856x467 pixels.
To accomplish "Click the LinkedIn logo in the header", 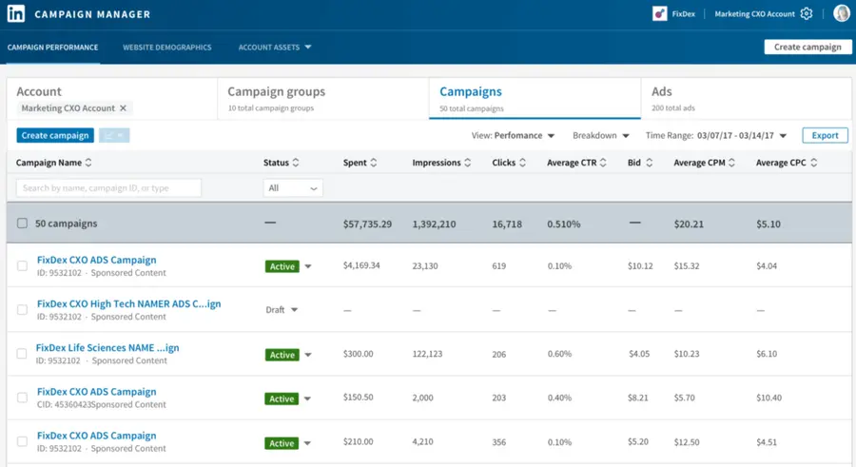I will coord(16,14).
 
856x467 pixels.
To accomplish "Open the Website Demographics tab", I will coord(166,47).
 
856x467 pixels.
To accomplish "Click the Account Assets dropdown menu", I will coord(275,47).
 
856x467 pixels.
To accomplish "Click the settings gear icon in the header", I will coord(807,14).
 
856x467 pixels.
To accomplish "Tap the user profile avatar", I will coord(841,13).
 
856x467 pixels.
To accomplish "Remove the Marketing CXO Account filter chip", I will coord(123,108).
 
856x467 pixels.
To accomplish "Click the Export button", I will coord(825,135).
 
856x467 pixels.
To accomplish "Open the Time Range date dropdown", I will coord(742,136).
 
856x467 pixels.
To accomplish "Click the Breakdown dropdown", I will coord(600,136).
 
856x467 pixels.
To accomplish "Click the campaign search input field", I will coord(108,188).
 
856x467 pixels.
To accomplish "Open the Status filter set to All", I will coord(293,188).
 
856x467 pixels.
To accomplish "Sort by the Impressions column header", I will coord(442,163).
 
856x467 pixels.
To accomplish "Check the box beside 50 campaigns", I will coord(22,224).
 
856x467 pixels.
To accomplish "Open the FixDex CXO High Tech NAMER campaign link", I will coord(128,304).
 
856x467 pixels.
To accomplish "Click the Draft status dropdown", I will coord(282,310).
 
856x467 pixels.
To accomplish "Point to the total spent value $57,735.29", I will coord(367,224).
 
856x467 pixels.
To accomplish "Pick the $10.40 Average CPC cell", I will coord(768,399).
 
